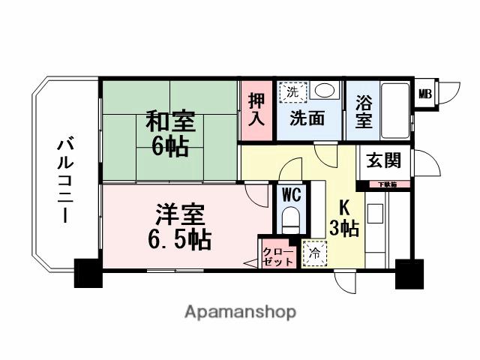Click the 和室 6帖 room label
(169, 133)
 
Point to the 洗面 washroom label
(307, 118)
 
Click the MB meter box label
(424, 94)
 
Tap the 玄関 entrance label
(383, 160)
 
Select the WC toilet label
(292, 194)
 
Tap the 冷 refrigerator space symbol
(315, 253)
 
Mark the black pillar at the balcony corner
(87, 272)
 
